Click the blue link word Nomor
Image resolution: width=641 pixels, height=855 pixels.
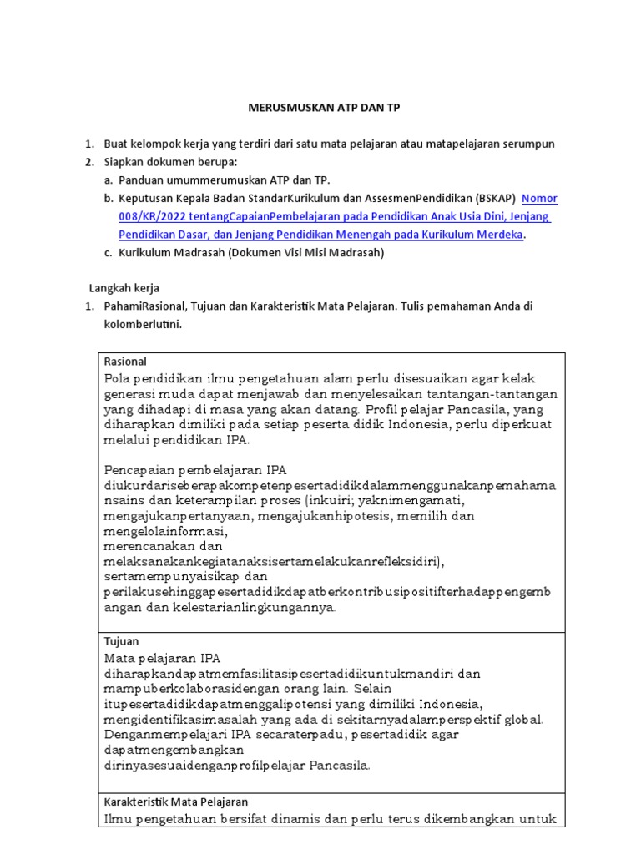(539, 199)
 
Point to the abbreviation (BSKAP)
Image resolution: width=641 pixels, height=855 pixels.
(495, 199)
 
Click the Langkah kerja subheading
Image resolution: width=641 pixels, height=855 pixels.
(124, 288)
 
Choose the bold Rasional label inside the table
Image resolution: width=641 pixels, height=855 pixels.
(125, 362)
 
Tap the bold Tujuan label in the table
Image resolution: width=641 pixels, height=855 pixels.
(122, 641)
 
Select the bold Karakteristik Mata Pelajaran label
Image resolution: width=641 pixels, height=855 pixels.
(175, 802)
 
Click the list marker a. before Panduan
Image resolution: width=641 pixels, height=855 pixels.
(109, 180)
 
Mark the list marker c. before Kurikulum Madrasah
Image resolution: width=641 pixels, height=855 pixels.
(109, 254)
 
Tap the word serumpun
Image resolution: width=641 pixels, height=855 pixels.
(528, 144)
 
